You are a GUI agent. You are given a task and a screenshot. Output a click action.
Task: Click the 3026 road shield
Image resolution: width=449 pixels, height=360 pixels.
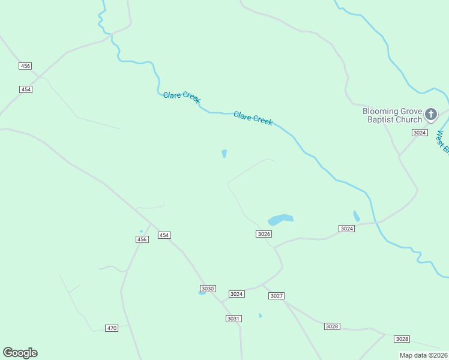click(264, 234)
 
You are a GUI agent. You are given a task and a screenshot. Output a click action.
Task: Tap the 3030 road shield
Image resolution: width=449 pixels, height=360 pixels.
click(208, 289)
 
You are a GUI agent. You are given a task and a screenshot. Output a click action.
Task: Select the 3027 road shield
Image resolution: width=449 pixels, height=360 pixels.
click(276, 296)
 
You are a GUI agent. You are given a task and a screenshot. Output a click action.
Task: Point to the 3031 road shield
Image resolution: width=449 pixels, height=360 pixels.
click(234, 318)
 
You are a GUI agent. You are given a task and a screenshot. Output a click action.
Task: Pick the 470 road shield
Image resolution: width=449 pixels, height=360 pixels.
click(112, 328)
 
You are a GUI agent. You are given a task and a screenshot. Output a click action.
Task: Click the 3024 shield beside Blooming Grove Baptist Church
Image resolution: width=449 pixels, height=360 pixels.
click(420, 133)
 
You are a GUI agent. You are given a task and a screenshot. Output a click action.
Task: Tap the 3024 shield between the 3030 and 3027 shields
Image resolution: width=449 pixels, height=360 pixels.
click(237, 294)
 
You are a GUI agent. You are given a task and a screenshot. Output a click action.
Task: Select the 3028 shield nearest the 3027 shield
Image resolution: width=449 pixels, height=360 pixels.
click(332, 326)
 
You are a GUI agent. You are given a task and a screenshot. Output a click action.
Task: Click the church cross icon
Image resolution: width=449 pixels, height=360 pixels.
click(431, 114)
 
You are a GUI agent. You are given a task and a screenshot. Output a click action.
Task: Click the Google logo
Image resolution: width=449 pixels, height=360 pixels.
click(20, 353)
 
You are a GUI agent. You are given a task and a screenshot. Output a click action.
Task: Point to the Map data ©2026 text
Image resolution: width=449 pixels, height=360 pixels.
click(423, 355)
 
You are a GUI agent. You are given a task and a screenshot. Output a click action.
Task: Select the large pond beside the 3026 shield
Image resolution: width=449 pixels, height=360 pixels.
click(280, 219)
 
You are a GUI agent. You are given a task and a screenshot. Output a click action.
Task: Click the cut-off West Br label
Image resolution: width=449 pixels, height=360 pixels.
click(443, 142)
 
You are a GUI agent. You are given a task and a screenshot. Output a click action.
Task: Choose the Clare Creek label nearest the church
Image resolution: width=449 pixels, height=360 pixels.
click(253, 118)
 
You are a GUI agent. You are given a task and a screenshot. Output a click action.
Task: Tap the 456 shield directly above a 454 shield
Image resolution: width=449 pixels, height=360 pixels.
click(25, 66)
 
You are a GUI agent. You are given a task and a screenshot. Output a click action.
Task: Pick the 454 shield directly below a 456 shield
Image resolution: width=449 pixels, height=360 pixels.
click(25, 89)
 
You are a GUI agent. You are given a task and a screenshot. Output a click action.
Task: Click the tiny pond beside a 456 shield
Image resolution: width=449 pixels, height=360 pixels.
click(142, 232)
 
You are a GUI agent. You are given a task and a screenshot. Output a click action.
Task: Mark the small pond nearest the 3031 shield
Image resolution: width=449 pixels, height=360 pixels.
click(260, 315)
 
